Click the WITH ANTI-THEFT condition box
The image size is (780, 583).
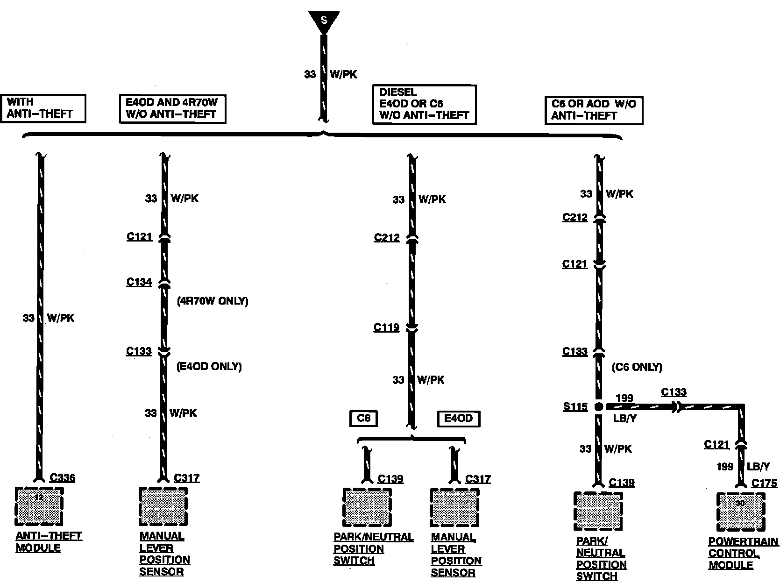pyautogui.click(x=45, y=108)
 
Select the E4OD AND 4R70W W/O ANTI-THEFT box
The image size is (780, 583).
pyautogui.click(x=172, y=109)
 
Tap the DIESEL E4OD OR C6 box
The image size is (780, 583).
pyautogui.click(x=424, y=104)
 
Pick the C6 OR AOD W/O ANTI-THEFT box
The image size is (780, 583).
pyautogui.click(x=593, y=111)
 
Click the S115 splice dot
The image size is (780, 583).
pyautogui.click(x=599, y=407)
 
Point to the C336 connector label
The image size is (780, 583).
pyautogui.click(x=62, y=478)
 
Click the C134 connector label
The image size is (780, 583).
pyautogui.click(x=139, y=282)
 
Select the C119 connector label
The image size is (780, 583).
pyautogui.click(x=386, y=327)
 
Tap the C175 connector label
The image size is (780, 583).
pyautogui.click(x=764, y=483)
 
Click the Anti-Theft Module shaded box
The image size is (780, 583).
pyautogui.click(x=39, y=506)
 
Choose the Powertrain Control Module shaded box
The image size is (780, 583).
pyautogui.click(x=741, y=512)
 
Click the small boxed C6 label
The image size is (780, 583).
pyautogui.click(x=363, y=419)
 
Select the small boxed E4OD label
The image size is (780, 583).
pyautogui.click(x=458, y=419)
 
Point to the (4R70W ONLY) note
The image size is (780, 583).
pyautogui.click(x=213, y=301)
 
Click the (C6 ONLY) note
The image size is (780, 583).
pyautogui.click(x=637, y=367)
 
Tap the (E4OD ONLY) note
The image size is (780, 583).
pyautogui.click(x=209, y=366)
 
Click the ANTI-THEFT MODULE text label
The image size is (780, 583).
pyautogui.click(x=49, y=542)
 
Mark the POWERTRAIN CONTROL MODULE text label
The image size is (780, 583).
pyautogui.click(x=743, y=553)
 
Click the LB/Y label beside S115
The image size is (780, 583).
pyautogui.click(x=624, y=419)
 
